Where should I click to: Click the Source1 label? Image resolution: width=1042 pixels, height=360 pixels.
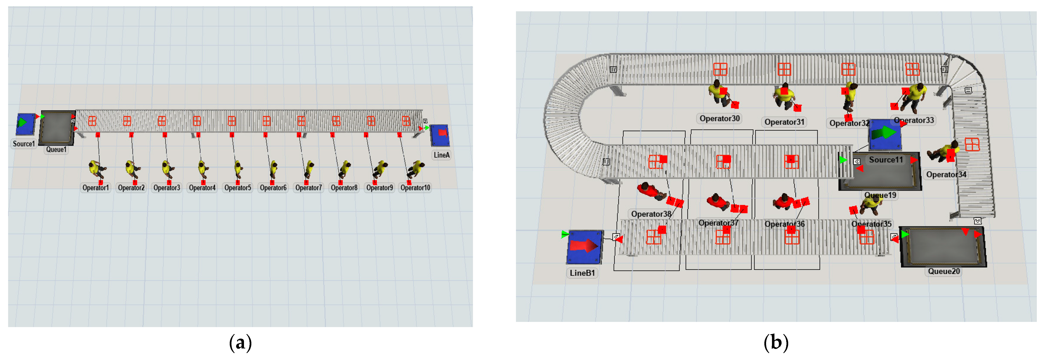(23, 144)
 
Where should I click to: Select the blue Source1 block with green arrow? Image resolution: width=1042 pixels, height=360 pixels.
(25, 124)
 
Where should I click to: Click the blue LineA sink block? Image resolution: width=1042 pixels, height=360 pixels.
(440, 135)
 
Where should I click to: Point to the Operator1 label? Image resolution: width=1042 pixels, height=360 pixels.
(96, 188)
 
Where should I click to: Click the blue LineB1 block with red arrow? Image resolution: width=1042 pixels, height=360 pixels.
(585, 247)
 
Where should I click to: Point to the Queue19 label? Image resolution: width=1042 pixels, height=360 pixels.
(880, 195)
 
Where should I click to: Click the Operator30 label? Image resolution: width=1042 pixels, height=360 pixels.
(720, 118)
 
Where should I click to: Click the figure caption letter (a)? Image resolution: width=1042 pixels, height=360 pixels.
(240, 343)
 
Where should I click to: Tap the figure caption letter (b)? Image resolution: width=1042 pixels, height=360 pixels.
(776, 343)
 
